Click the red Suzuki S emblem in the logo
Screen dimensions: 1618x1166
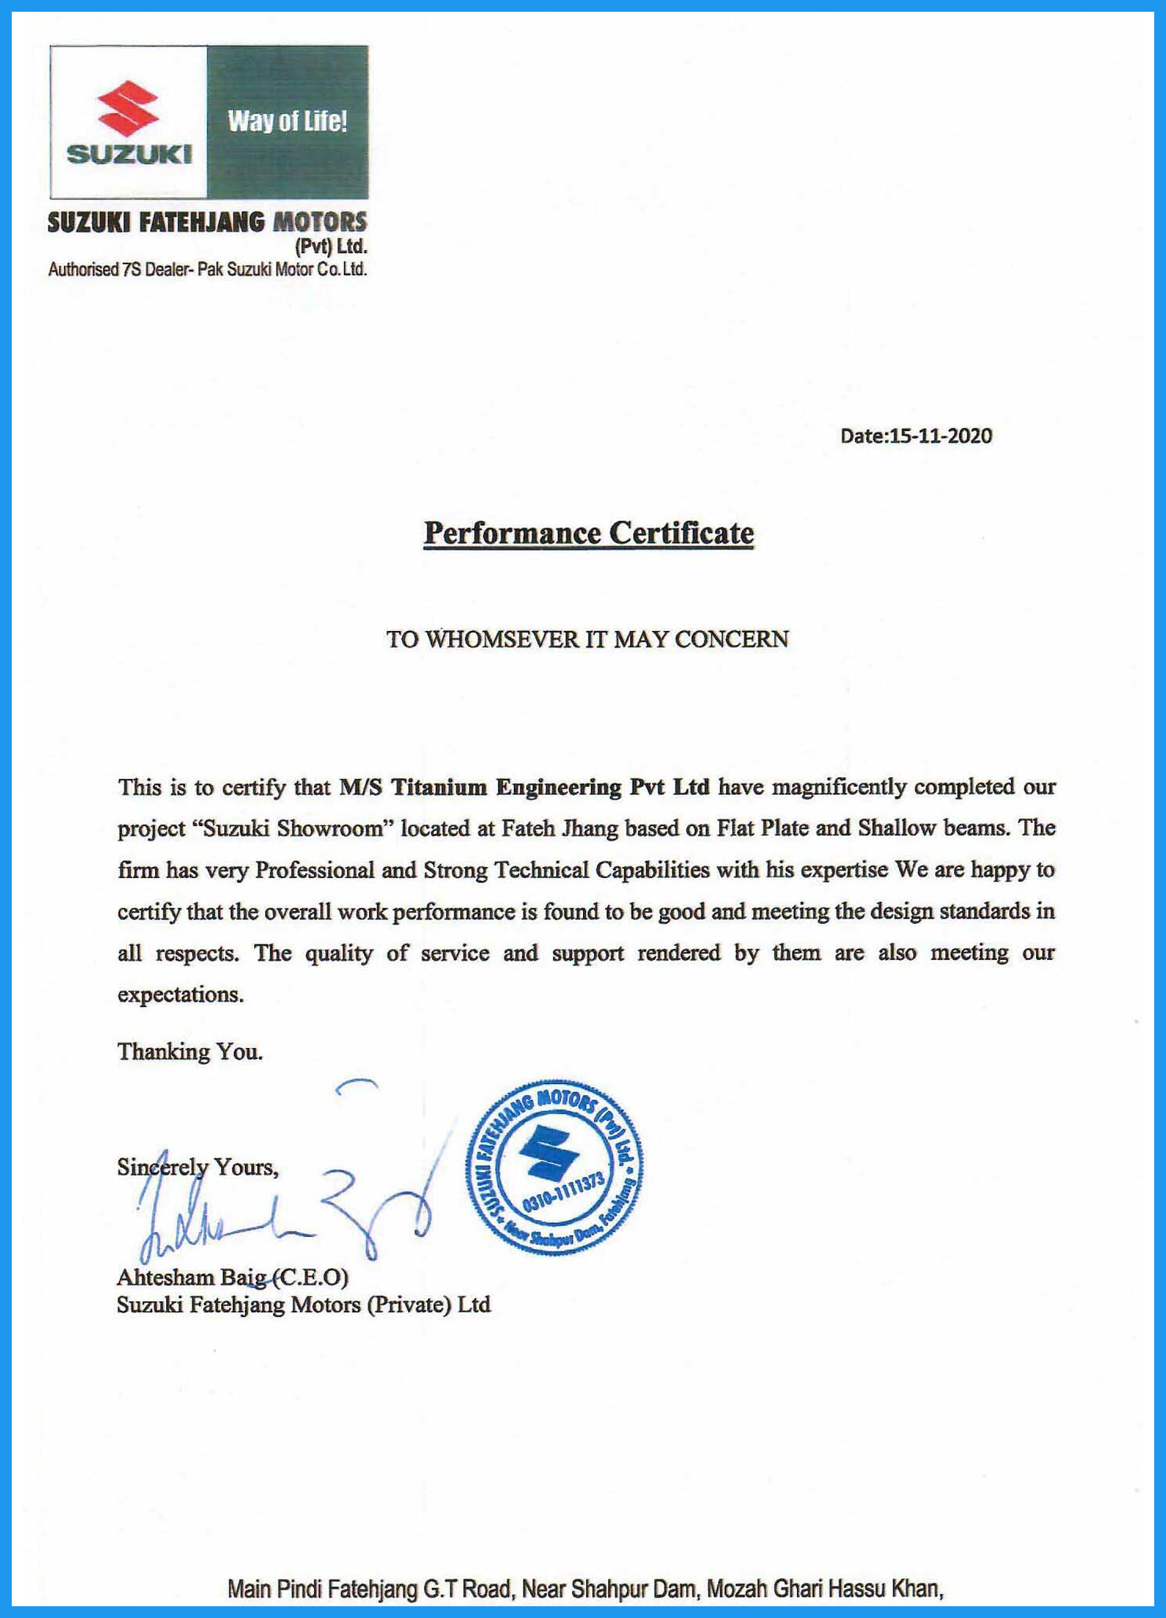[128, 108]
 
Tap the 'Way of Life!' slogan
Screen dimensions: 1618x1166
[287, 121]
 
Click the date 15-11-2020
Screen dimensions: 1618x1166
[940, 436]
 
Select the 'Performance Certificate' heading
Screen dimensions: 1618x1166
[589, 532]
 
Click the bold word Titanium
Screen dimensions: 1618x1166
[439, 788]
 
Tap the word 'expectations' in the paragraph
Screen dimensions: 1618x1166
[180, 994]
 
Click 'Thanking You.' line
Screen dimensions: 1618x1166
[190, 1052]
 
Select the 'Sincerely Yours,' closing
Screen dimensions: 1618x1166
[198, 1167]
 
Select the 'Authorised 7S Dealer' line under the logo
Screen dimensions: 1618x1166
[207, 270]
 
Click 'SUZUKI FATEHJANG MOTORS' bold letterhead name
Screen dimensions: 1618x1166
[207, 223]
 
